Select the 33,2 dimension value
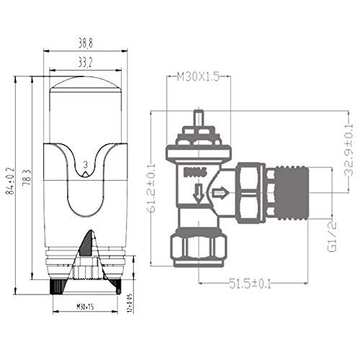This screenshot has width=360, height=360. [85, 62]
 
